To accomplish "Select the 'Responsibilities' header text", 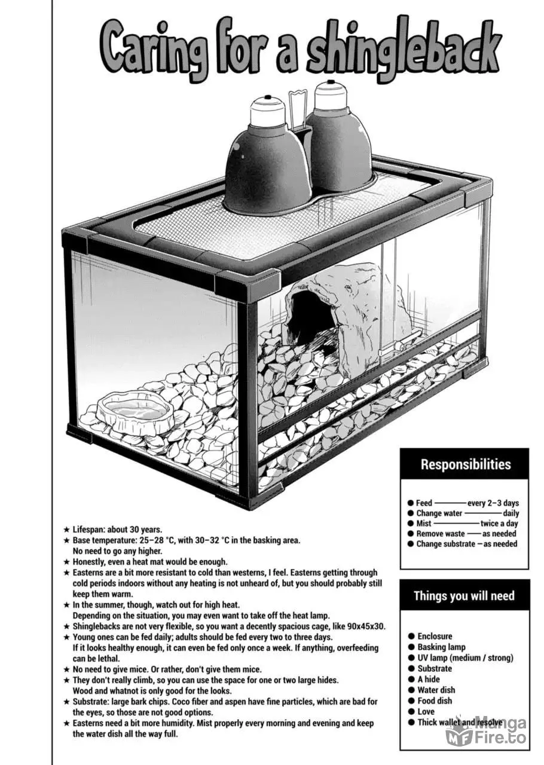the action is coord(466,464).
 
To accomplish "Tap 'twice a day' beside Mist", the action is coord(499,523).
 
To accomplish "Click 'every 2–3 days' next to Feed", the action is coord(493,503).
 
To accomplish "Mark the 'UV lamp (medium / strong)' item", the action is coord(465,657).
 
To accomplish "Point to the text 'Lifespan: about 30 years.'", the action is coord(117,530).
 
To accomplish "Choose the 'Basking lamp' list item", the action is coord(441,647).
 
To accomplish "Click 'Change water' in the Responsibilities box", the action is coord(439,513).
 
